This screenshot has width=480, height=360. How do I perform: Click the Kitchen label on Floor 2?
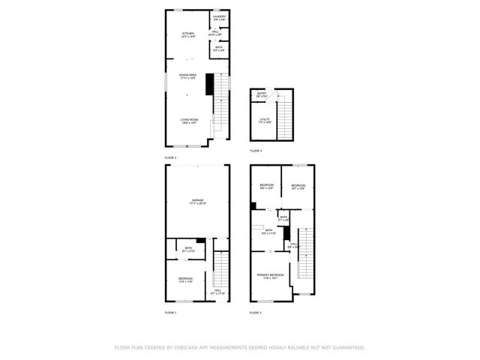pyautogui.click(x=188, y=34)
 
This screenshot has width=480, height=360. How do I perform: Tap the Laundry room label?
pyautogui.click(x=219, y=17)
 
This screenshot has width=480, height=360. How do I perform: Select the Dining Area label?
pyautogui.click(x=187, y=76)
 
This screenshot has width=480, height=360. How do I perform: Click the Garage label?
pyautogui.click(x=198, y=201)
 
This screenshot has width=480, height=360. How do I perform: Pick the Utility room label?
pyautogui.click(x=265, y=119)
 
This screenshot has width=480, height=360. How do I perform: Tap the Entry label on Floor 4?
pyautogui.click(x=261, y=95)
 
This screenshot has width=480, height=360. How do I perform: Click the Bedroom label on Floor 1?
pyautogui.click(x=185, y=280)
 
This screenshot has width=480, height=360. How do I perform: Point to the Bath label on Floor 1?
pyautogui.click(x=189, y=249)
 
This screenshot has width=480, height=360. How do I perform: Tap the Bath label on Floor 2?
pyautogui.click(x=219, y=49)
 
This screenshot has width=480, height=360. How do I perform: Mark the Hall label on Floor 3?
pyautogui.click(x=294, y=244)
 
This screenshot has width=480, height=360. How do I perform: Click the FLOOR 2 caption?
pyautogui.click(x=171, y=158)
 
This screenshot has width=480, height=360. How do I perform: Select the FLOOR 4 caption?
pyautogui.click(x=256, y=151)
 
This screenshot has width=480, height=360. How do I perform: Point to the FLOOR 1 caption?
pyautogui.click(x=171, y=312)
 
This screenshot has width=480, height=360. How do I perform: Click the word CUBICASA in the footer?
pyautogui.click(x=186, y=348)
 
